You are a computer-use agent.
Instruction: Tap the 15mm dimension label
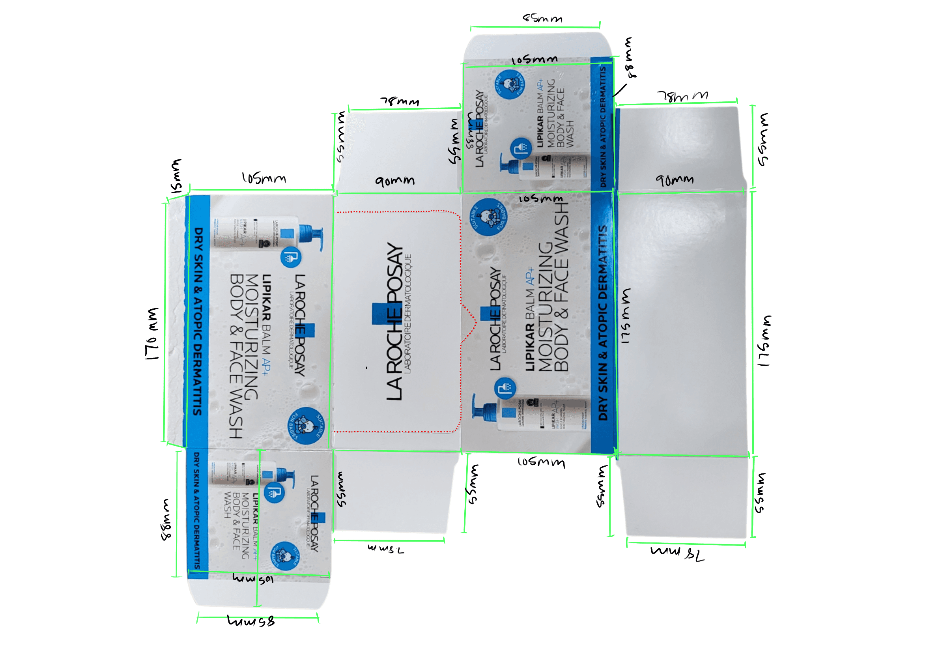pos(176,176)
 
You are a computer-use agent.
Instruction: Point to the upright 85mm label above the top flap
pos(542,19)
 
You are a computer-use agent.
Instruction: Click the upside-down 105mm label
pos(253,579)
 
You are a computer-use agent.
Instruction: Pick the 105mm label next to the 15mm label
pos(264,178)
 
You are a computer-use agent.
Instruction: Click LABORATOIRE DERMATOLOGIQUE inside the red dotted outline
pos(407,314)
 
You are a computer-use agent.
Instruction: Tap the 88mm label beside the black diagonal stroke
pos(630,58)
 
